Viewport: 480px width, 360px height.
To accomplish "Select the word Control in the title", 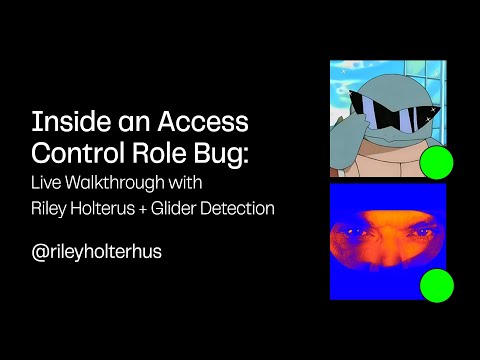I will (x=75, y=154).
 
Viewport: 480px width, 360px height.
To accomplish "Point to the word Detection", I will (x=245, y=209).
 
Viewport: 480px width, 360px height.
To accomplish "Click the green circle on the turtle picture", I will (x=436, y=163).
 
